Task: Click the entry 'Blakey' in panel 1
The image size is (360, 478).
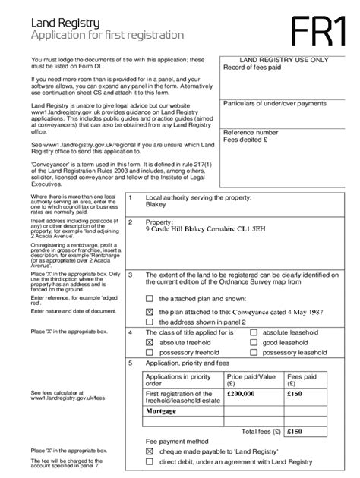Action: click(x=156, y=204)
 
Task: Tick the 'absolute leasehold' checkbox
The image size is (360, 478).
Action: click(x=255, y=333)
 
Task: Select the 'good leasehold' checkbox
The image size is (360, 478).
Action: click(x=255, y=343)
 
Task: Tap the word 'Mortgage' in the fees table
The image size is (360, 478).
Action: click(x=166, y=410)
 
